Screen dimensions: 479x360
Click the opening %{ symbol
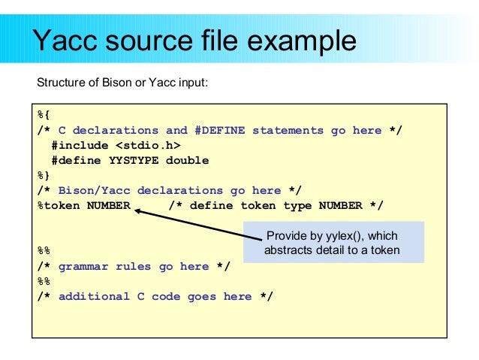[44, 116]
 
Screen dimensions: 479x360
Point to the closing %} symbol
[44, 176]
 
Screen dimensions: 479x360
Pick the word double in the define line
[188, 160]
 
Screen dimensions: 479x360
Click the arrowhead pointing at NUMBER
[140, 212]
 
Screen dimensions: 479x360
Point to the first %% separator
[44, 251]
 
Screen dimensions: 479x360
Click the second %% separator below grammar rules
[44, 281]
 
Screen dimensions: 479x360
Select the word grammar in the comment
[83, 266]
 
